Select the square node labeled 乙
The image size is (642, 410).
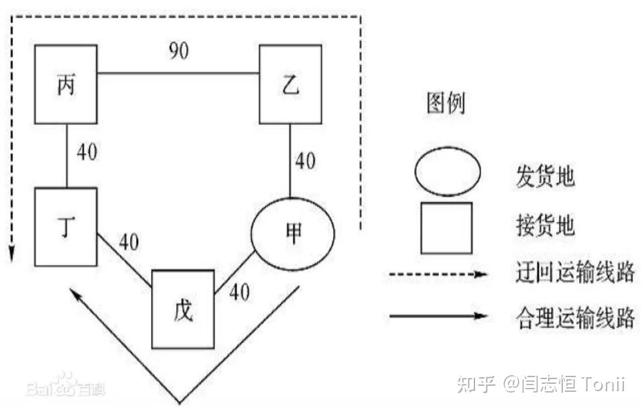290,85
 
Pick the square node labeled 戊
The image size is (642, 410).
183,309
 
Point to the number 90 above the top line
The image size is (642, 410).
178,52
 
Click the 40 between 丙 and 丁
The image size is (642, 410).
86,152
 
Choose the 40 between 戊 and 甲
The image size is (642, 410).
239,292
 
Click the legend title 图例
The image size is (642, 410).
446,104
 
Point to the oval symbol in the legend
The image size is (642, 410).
447,172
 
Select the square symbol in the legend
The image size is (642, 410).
446,228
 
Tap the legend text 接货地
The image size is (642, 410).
545,227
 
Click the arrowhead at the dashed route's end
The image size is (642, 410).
11,255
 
